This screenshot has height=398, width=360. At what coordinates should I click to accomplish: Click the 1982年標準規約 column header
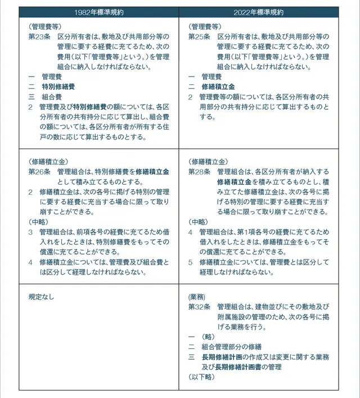(x=99, y=12)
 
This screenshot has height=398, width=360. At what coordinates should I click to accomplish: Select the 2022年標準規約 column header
(x=259, y=12)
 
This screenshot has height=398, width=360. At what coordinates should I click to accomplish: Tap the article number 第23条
(x=39, y=36)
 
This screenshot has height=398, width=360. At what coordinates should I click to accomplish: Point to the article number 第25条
(x=199, y=36)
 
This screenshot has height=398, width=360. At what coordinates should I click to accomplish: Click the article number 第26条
(x=39, y=171)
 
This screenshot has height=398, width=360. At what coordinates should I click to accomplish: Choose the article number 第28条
(x=199, y=171)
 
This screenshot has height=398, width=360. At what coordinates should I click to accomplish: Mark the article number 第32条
(x=199, y=306)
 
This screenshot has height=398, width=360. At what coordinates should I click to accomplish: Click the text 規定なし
(x=42, y=297)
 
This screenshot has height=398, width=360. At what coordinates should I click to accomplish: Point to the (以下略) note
(x=201, y=377)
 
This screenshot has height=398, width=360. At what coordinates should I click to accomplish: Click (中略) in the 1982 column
(x=38, y=222)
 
